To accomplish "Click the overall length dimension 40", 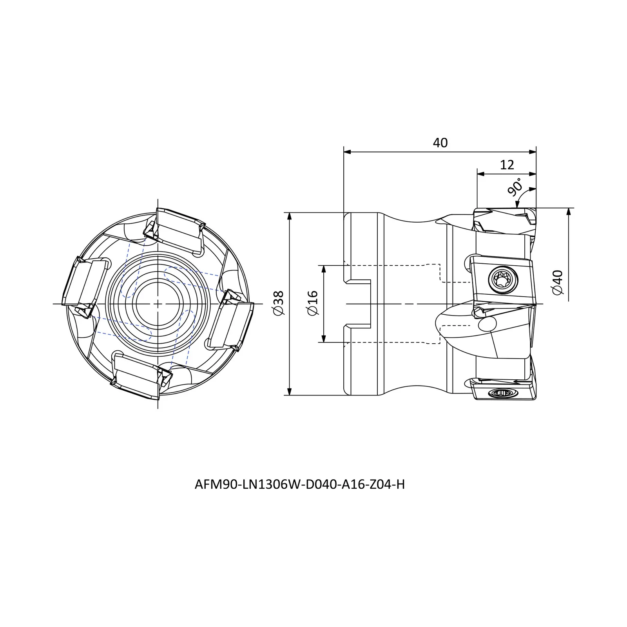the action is coord(440,143).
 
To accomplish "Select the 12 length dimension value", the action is coord(507,165).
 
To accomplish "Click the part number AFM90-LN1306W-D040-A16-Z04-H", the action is coord(300,485).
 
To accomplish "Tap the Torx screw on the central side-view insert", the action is coord(503,280).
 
